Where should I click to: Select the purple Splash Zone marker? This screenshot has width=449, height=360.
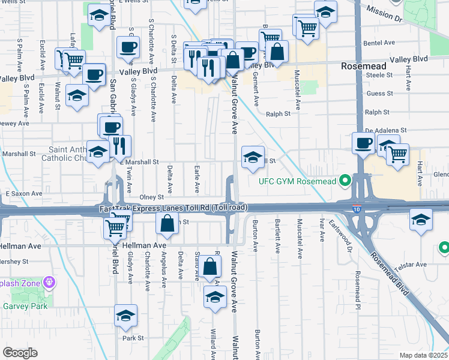point(49,282)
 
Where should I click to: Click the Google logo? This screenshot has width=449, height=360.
point(20,352)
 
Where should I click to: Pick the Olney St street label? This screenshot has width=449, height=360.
point(151,197)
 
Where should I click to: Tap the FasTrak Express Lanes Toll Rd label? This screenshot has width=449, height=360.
point(173,208)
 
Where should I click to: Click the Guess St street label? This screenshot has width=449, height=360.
point(379,94)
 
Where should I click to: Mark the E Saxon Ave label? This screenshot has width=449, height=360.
point(24,194)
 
